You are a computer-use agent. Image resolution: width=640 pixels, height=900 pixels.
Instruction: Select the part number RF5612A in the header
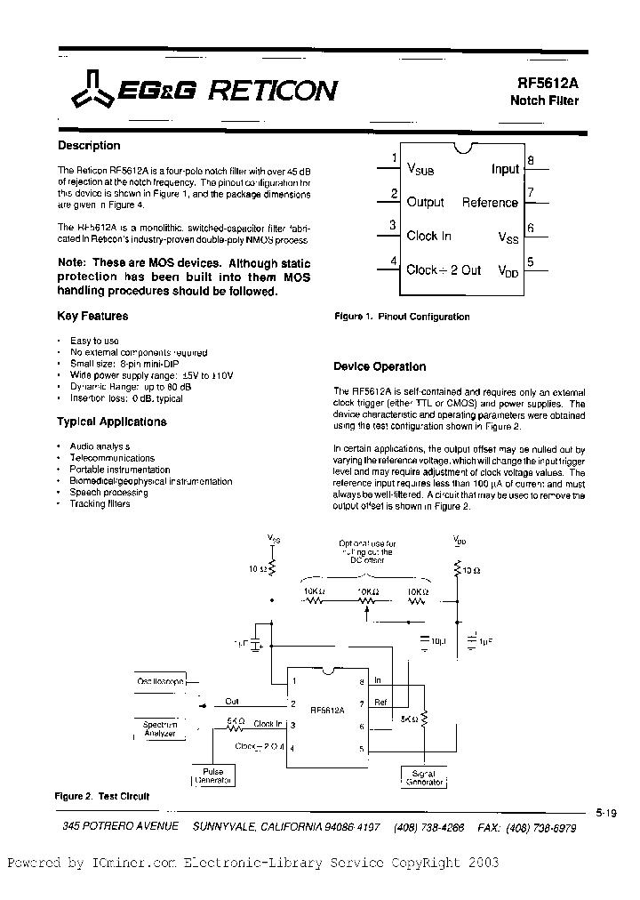(548, 82)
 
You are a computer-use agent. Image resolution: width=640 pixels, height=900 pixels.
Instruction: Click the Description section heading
(89, 146)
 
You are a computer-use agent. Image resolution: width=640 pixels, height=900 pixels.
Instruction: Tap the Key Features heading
(92, 316)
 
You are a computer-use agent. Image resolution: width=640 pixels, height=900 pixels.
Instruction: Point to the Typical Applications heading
(112, 422)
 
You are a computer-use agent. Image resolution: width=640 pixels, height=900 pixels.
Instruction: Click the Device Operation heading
(380, 366)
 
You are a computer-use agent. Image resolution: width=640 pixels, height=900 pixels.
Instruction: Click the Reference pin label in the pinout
(489, 202)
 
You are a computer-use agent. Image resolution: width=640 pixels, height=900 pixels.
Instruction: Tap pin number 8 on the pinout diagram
(530, 161)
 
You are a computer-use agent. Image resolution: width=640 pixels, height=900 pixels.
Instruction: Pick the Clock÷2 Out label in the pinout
(443, 269)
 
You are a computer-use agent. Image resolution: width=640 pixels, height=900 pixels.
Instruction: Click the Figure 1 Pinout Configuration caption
(402, 317)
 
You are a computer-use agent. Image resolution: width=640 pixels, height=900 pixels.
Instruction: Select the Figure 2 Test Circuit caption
(102, 796)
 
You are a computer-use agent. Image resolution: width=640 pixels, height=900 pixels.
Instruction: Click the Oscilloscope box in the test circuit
(161, 681)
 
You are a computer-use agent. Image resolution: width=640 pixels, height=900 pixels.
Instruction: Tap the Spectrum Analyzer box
(161, 730)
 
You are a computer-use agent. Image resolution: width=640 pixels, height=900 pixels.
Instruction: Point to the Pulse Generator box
(213, 776)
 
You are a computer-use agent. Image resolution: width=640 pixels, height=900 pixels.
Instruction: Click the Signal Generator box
(423, 776)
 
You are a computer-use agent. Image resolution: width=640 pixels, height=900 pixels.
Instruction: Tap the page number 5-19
(607, 812)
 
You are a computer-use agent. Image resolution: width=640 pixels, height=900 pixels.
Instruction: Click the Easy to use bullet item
(94, 341)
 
